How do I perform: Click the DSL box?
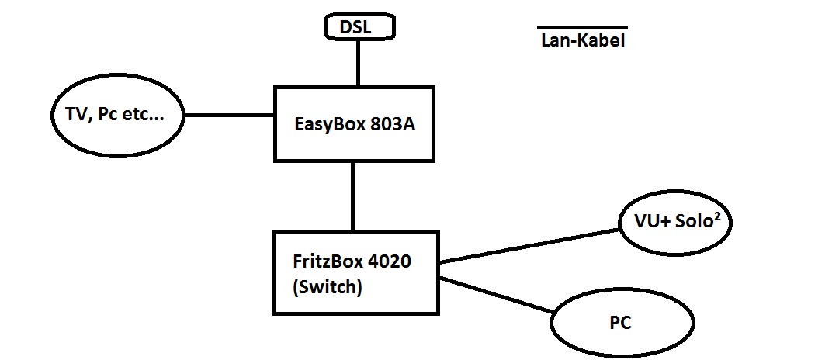tap(358, 28)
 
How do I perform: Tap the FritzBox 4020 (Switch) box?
tap(353, 272)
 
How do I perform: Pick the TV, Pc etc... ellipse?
tap(117, 116)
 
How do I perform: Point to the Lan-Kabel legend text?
tap(582, 41)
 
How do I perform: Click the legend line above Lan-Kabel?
tap(582, 28)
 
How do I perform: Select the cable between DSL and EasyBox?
tap(358, 62)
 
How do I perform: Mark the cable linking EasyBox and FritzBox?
tap(353, 196)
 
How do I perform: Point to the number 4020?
tap(390, 261)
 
